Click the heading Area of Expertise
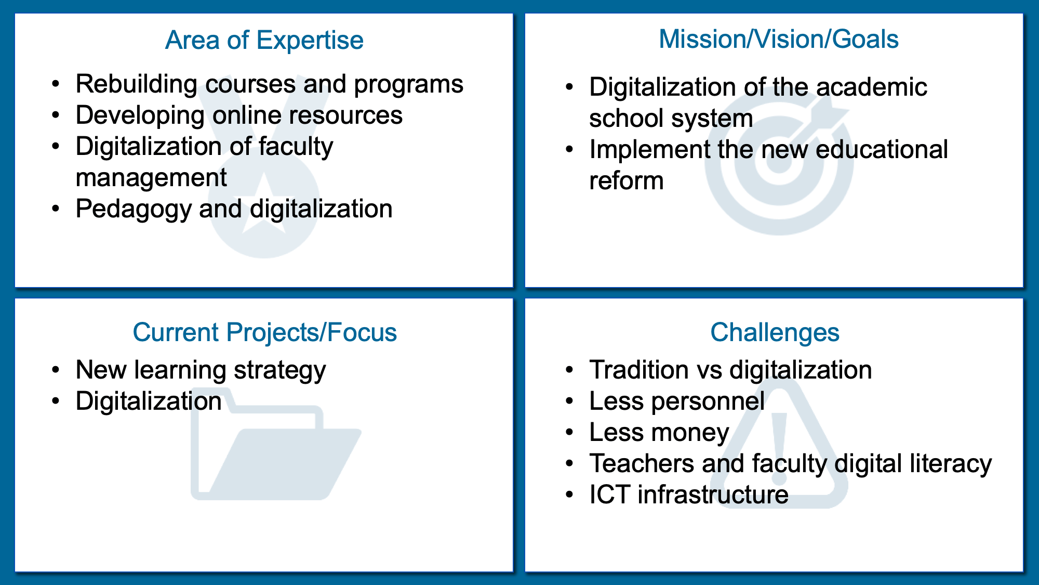264,40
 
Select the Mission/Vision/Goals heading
779,39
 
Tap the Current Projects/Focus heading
264,332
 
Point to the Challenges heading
775,333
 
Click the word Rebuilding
136,84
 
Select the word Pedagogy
134,210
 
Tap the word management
151,178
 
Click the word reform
627,181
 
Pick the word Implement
649,150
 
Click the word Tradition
639,370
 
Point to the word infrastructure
713,495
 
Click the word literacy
951,464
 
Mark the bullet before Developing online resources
56,115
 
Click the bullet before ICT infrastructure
570,495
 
